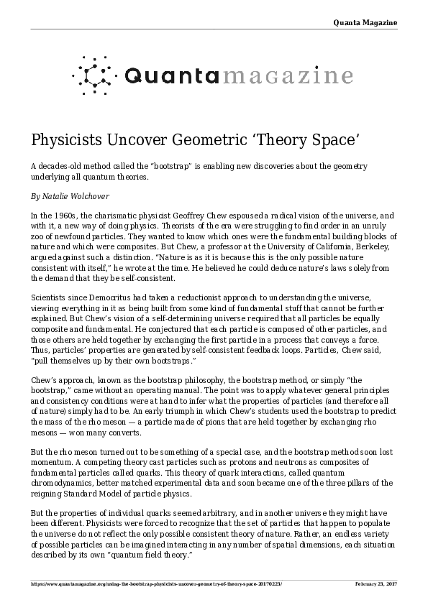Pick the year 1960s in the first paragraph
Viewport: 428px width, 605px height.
pos(64,215)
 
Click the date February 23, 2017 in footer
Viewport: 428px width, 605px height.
pos(375,583)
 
